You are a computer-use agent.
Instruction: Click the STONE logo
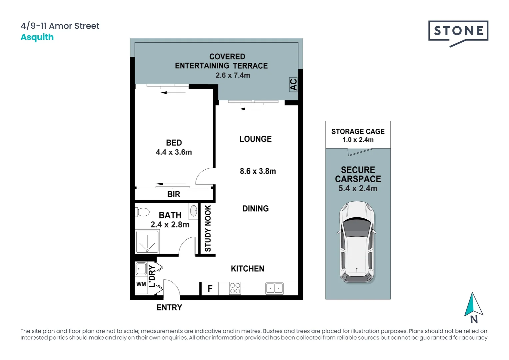(x=458, y=34)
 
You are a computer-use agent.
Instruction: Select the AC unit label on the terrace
(x=293, y=84)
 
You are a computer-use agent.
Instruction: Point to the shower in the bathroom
(x=147, y=242)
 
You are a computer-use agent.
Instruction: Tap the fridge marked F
(x=210, y=289)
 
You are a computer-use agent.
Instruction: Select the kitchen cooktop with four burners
(x=235, y=288)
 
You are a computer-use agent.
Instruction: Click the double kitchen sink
(x=274, y=289)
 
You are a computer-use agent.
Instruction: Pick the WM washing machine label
(x=141, y=284)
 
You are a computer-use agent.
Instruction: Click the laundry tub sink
(x=141, y=269)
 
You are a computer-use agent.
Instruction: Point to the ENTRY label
(x=169, y=307)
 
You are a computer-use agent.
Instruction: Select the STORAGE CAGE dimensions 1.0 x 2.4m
(x=358, y=140)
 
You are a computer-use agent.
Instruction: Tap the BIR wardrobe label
(x=174, y=194)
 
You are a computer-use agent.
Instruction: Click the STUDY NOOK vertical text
(x=208, y=228)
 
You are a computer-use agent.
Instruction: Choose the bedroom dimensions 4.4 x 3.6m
(x=174, y=152)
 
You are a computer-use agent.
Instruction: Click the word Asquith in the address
(x=37, y=37)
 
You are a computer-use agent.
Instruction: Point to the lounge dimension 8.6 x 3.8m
(x=258, y=171)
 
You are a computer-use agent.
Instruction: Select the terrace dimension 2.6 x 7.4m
(x=233, y=75)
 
